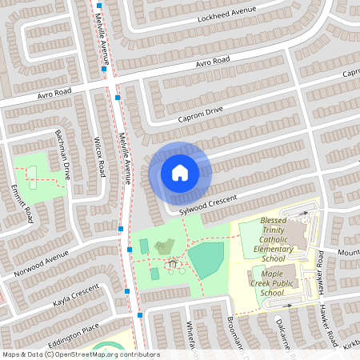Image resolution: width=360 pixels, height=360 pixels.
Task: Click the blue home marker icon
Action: point(180,172)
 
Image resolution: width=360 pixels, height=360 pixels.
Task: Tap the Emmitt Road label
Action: point(22,203)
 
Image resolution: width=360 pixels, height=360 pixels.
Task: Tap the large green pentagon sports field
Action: point(206,260)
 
